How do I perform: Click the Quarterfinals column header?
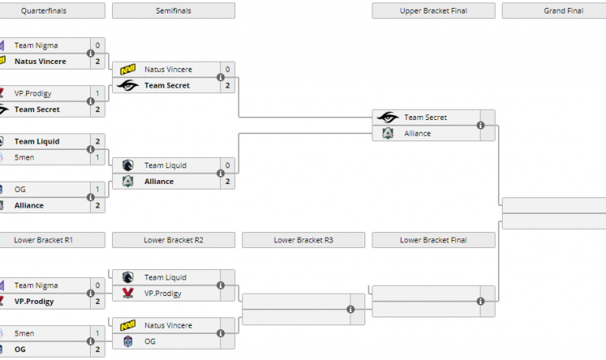[x=45, y=11]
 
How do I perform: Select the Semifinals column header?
[x=174, y=11]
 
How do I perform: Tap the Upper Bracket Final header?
[x=433, y=11]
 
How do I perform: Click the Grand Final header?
[x=553, y=11]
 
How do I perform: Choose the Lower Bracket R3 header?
[x=304, y=240]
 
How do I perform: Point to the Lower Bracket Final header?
[x=433, y=240]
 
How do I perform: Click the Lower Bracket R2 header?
[x=174, y=240]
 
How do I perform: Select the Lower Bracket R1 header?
[x=45, y=240]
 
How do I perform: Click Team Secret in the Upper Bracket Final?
[x=425, y=118]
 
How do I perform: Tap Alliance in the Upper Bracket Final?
[x=417, y=133]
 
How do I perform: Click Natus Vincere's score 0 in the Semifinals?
[x=227, y=69]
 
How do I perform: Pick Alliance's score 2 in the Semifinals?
[x=227, y=182]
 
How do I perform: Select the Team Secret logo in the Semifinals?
[x=128, y=85]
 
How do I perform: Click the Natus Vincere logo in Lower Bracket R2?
[x=128, y=325]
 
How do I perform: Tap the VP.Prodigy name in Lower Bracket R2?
[x=163, y=294]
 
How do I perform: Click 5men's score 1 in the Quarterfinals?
[x=97, y=157]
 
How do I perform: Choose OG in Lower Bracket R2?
[x=150, y=341]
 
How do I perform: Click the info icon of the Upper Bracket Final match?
[x=480, y=126]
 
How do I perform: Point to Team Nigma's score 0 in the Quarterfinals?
[x=97, y=46]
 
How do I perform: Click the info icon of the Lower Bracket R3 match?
[x=350, y=309]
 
